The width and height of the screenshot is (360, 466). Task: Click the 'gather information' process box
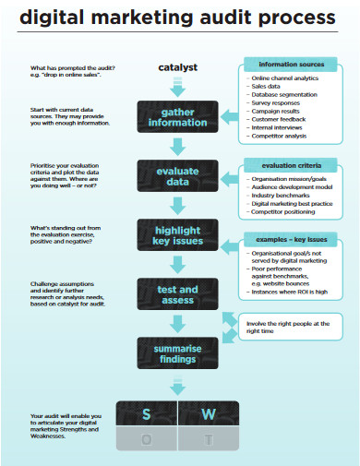pyautogui.click(x=177, y=115)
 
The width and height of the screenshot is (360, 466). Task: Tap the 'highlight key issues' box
pyautogui.click(x=177, y=235)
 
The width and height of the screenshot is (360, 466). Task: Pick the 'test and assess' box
pyautogui.click(x=177, y=293)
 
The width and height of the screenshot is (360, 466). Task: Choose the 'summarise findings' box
pyautogui.click(x=177, y=351)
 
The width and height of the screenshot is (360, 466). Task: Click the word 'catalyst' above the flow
pyautogui.click(x=177, y=67)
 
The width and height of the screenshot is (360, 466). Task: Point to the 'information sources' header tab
pyautogui.click(x=292, y=65)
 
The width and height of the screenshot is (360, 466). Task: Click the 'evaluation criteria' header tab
pyautogui.click(x=292, y=165)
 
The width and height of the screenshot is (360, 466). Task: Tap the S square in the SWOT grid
pyautogui.click(x=147, y=414)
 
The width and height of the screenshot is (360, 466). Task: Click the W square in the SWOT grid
pyautogui.click(x=208, y=414)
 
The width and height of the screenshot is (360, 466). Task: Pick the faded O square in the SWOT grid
pyautogui.click(x=147, y=439)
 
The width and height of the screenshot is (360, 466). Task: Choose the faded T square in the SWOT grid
pyautogui.click(x=208, y=439)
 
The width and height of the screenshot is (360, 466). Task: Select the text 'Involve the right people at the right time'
pyautogui.click(x=288, y=328)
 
